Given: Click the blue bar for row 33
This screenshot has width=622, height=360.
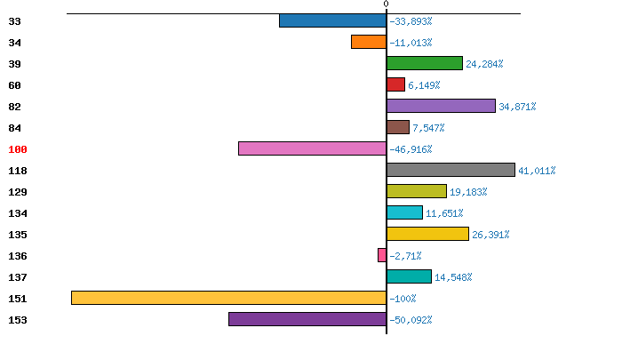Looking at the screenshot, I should tap(332, 20).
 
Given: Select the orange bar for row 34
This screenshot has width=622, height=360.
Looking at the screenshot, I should tap(369, 42).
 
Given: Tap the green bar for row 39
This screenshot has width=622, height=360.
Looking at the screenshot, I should tap(425, 63).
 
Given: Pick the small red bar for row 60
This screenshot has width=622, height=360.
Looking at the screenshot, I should tap(396, 84).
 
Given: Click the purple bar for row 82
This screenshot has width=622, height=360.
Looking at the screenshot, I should tap(441, 106).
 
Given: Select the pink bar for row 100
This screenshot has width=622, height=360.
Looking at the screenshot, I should tap(312, 148).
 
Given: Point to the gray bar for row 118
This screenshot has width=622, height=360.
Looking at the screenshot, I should tap(451, 170).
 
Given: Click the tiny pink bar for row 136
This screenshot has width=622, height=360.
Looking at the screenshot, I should tap(382, 255).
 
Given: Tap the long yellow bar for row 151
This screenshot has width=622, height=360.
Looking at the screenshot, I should tap(228, 298).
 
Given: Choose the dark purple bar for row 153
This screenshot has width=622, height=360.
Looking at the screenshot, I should tap(307, 319).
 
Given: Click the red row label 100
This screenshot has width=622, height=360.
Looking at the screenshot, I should tap(18, 149).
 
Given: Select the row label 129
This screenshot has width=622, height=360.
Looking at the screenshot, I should tap(18, 192).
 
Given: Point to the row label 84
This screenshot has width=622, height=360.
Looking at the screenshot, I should tap(14, 128).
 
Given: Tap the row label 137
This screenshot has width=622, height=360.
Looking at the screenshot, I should tap(18, 277).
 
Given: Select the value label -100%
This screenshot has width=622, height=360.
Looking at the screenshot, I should tap(403, 299).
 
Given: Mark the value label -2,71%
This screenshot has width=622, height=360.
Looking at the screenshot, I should tap(406, 256).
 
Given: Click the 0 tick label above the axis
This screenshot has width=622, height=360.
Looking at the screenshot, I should tap(386, 4).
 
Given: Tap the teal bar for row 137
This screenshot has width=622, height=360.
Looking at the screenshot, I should tap(409, 276).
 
